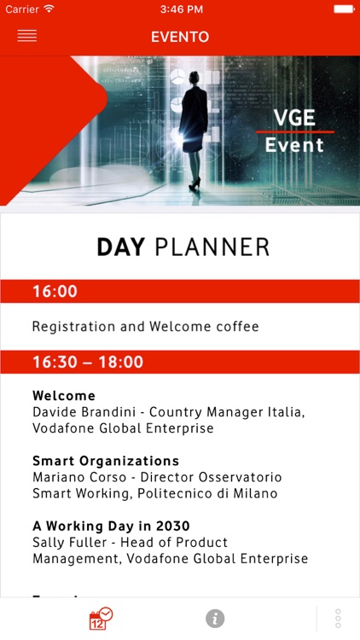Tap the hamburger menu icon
(26, 37)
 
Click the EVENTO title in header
(180, 37)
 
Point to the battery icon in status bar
(344, 9)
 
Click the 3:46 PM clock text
(179, 9)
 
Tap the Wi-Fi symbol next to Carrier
(49, 9)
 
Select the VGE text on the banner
(294, 118)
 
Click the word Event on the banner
(294, 145)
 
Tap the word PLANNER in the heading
(212, 247)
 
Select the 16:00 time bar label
(55, 292)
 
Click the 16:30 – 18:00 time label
(88, 362)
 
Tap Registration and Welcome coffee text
(145, 327)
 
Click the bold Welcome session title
(64, 396)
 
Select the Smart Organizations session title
(106, 461)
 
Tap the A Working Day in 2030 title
(111, 526)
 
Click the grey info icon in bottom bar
(215, 619)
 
